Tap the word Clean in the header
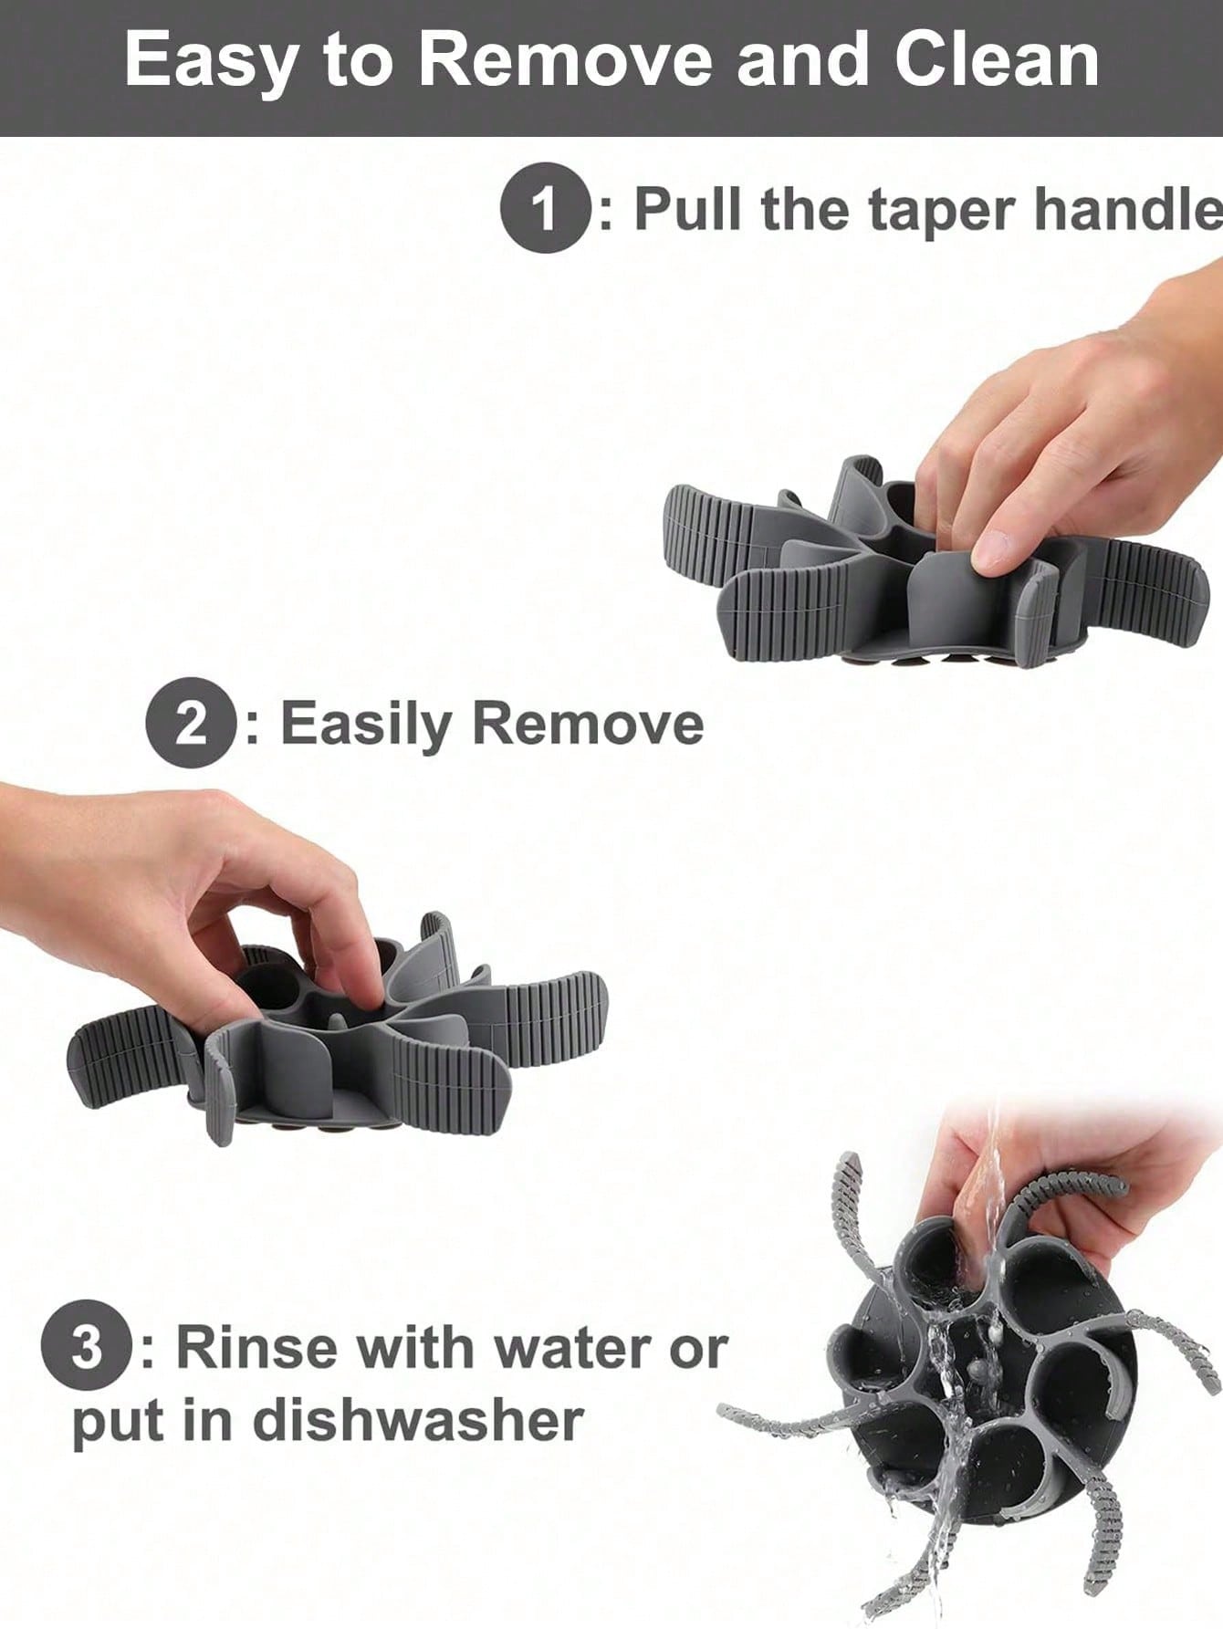[x=997, y=60]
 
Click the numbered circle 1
[x=545, y=209]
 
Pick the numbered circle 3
[x=86, y=1348]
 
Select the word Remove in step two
[x=588, y=725]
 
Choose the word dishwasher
[x=417, y=1421]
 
